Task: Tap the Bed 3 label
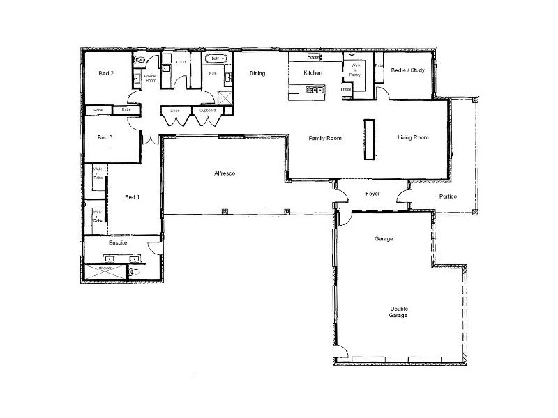point(105,137)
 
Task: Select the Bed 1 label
point(132,197)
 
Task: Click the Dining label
point(257,73)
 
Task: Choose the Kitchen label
point(312,72)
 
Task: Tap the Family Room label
point(325,138)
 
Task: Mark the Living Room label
point(413,137)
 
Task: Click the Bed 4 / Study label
point(407,70)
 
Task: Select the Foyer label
point(372,194)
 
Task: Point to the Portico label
point(448,196)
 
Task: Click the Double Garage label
point(399,311)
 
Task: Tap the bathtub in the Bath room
point(215,59)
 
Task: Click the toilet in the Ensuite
point(136,272)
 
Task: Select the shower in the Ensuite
point(105,272)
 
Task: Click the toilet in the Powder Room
point(140,61)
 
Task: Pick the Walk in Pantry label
point(354,70)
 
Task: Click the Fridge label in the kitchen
point(345,88)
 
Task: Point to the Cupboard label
point(207,110)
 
